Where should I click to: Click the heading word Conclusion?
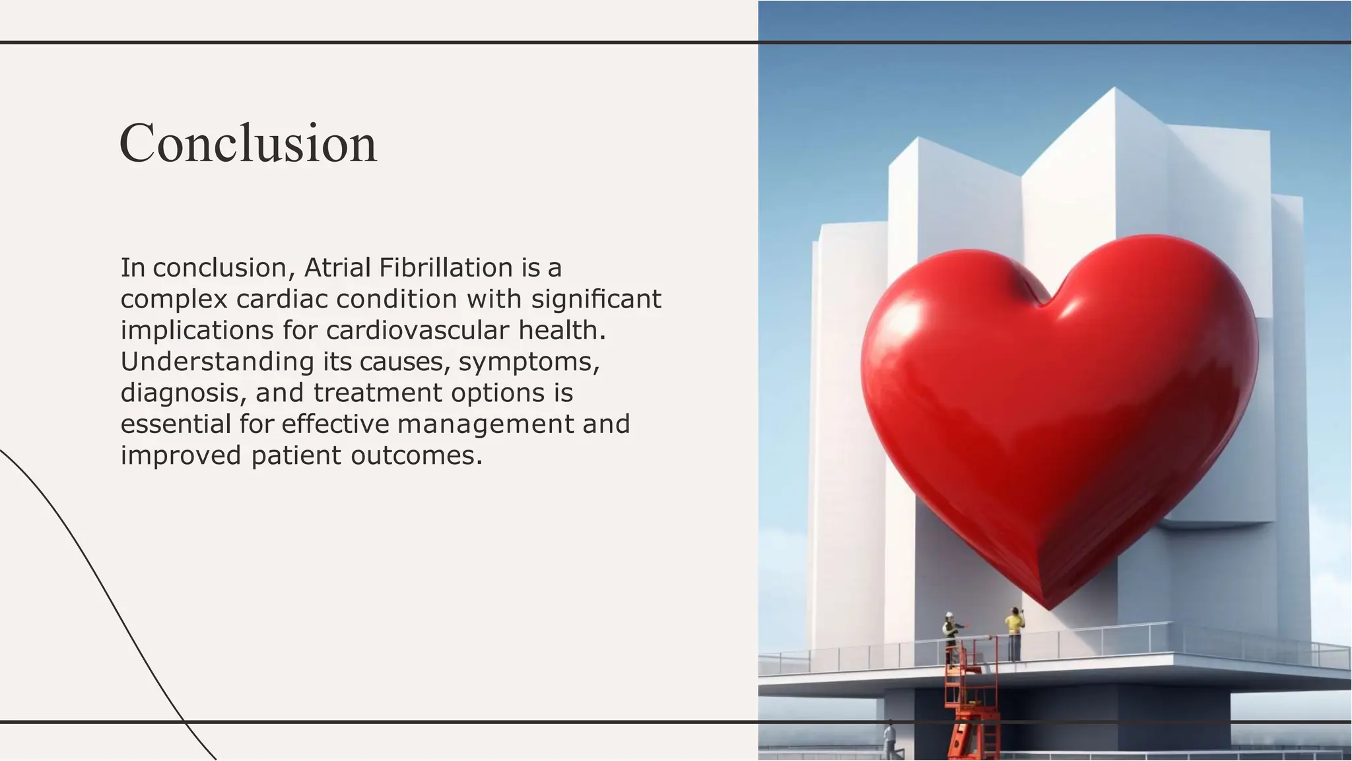pyautogui.click(x=248, y=143)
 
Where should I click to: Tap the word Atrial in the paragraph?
pyautogui.click(x=337, y=268)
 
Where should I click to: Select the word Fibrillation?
pyautogui.click(x=446, y=268)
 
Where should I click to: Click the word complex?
pyautogui.click(x=174, y=300)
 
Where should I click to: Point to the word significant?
pyautogui.click(x=595, y=299)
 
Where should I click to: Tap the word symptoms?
pyautogui.click(x=528, y=362)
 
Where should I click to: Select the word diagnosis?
pyautogui.click(x=179, y=393)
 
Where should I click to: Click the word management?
pyautogui.click(x=485, y=424)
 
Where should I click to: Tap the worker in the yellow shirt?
pyautogui.click(x=1014, y=634)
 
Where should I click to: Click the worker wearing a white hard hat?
pyautogui.click(x=950, y=635)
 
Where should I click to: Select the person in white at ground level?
pyautogui.click(x=891, y=741)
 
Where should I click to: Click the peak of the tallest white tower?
pyautogui.click(x=1115, y=88)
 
